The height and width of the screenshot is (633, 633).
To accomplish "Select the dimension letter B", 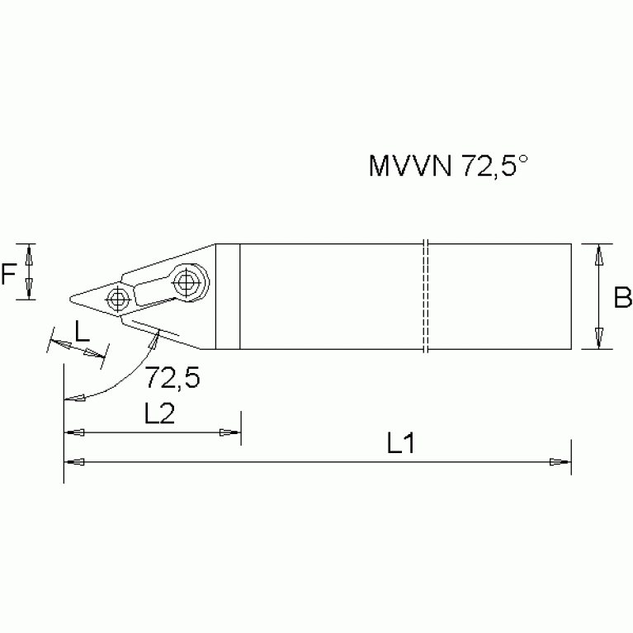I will pyautogui.click(x=622, y=297).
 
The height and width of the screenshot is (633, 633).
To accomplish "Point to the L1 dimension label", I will pyautogui.click(x=400, y=445).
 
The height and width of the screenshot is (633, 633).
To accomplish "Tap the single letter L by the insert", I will pyautogui.click(x=82, y=331).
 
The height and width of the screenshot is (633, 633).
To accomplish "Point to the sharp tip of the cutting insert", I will pyautogui.click(x=68, y=297).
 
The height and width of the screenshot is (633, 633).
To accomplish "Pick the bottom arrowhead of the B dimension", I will pyautogui.click(x=600, y=339).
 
